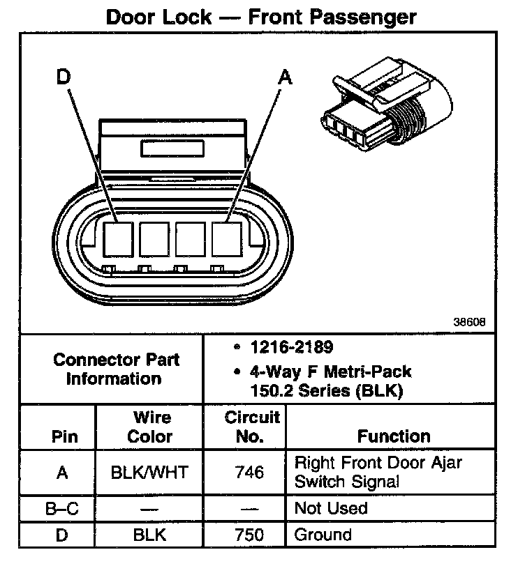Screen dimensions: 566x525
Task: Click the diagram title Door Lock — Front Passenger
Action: (x=260, y=17)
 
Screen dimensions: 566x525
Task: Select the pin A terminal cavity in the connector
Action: (x=225, y=238)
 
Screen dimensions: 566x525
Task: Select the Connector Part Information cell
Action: (x=116, y=369)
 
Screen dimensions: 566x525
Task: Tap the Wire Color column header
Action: (x=151, y=427)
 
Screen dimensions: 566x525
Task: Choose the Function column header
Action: (x=394, y=436)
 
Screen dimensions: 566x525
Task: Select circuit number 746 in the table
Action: (x=249, y=472)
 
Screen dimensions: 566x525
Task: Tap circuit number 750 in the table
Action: (x=249, y=535)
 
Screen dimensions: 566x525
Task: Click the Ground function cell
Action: (x=323, y=535)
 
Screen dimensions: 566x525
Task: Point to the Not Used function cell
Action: (x=332, y=508)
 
